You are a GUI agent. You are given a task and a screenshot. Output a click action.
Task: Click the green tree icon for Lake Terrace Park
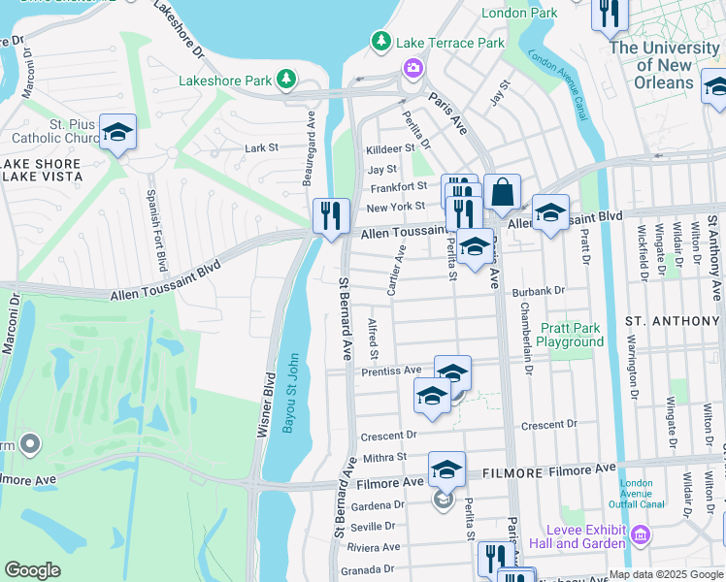coord(379,43)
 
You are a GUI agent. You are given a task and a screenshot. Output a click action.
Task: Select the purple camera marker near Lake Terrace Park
coord(412,67)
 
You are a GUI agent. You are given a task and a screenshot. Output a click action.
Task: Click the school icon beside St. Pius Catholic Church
coord(117,133)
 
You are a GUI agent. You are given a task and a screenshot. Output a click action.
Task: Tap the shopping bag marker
coord(502,193)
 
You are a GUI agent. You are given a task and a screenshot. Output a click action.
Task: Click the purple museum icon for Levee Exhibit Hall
coord(640,534)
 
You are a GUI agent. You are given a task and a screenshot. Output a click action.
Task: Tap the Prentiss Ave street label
coord(391,371)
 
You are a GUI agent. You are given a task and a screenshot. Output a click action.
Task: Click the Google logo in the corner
coord(32,570)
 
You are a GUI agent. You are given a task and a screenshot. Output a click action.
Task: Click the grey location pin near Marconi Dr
coord(29,445)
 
